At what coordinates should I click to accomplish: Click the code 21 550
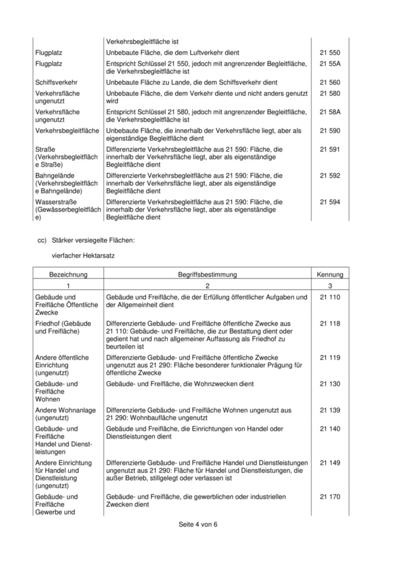(x=330, y=52)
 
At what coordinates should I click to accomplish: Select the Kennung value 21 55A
(x=330, y=63)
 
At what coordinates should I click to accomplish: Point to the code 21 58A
(x=330, y=112)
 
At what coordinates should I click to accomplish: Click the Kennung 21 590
(x=330, y=130)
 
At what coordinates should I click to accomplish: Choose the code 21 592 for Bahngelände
(x=330, y=175)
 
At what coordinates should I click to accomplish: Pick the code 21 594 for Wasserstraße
(x=330, y=202)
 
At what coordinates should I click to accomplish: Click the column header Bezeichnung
(x=68, y=275)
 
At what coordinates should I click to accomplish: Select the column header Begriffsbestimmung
(x=207, y=275)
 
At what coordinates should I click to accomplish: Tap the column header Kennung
(x=330, y=275)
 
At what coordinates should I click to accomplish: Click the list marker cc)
(x=42, y=241)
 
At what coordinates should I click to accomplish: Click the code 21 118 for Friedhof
(x=330, y=323)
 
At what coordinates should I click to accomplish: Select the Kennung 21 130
(x=330, y=384)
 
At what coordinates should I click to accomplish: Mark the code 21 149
(x=330, y=462)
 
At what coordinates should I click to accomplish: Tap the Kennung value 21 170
(x=330, y=497)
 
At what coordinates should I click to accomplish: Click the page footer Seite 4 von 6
(x=198, y=525)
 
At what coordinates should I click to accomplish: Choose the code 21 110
(x=330, y=297)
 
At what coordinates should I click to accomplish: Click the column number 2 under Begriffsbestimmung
(x=207, y=286)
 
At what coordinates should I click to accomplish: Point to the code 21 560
(x=330, y=82)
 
